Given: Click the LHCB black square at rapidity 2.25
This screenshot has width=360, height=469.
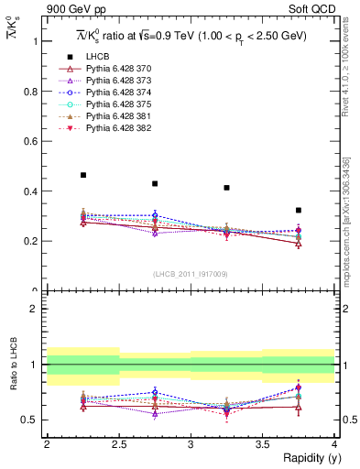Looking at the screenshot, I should tap(83, 175).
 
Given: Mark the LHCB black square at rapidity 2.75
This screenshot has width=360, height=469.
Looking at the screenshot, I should tap(155, 183).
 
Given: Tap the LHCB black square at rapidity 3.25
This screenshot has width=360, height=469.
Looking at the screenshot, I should tap(226, 188).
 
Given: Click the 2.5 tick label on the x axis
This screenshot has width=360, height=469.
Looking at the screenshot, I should tap(119, 443).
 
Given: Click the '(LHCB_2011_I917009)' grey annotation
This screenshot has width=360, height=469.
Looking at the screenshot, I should tap(191, 274).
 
